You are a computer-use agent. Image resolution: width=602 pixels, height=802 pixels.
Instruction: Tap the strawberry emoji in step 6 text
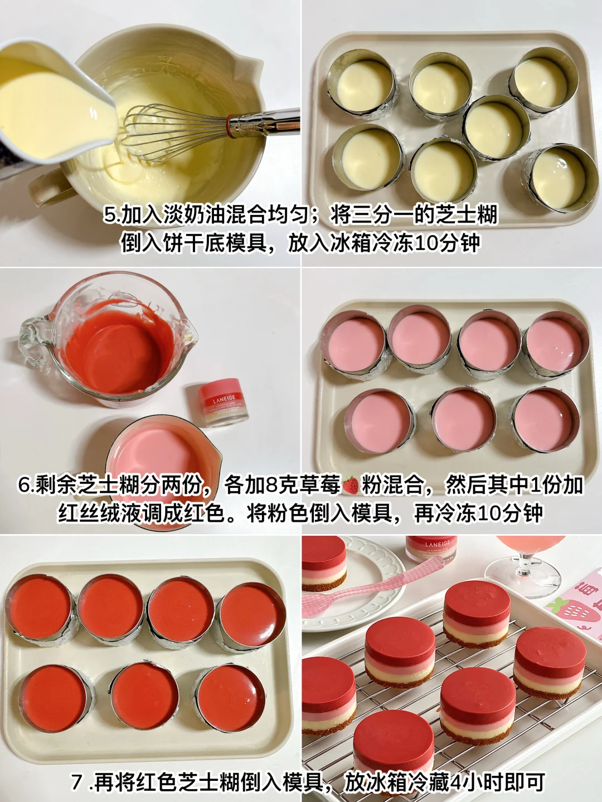click(351, 485)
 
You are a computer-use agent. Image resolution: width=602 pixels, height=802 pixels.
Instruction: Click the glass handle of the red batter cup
click(31, 338)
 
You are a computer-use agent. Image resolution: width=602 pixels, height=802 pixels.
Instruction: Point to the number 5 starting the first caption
click(109, 215)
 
